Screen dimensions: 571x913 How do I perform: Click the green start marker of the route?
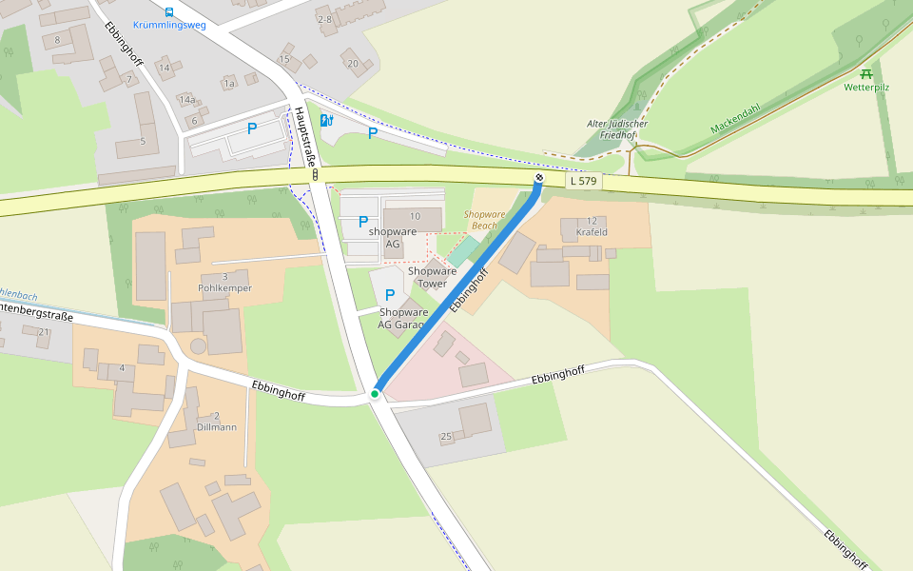pyautogui.click(x=376, y=393)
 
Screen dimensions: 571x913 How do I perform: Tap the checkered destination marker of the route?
pyautogui.click(x=539, y=177)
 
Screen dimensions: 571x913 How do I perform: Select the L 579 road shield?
pyautogui.click(x=584, y=181)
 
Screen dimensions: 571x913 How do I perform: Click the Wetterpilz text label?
pyautogui.click(x=866, y=88)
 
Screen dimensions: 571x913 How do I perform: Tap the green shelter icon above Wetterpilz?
pyautogui.click(x=866, y=73)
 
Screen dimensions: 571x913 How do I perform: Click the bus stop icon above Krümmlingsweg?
pyautogui.click(x=169, y=12)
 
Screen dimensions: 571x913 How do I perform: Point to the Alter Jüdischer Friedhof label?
pyautogui.click(x=617, y=129)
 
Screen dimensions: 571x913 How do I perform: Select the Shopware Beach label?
pyautogui.click(x=485, y=220)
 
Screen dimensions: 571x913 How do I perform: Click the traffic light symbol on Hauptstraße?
pyautogui.click(x=314, y=176)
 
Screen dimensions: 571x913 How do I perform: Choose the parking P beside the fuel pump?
pyautogui.click(x=372, y=133)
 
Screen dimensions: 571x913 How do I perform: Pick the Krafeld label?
pyautogui.click(x=592, y=232)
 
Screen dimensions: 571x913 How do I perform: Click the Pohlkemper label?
pyautogui.click(x=224, y=287)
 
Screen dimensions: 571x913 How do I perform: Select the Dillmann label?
pyautogui.click(x=217, y=427)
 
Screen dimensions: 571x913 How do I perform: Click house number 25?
pyautogui.click(x=446, y=437)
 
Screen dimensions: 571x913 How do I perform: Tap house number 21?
pyautogui.click(x=43, y=331)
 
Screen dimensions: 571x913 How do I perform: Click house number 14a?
pyautogui.click(x=186, y=100)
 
